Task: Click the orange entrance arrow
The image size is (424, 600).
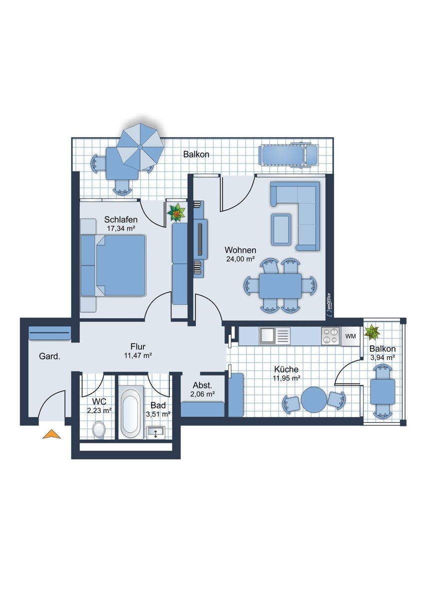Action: pos(51,434)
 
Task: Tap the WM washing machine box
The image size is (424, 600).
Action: pos(350,336)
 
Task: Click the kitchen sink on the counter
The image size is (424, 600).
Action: pos(274,336)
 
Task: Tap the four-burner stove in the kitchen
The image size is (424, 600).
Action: pos(330,336)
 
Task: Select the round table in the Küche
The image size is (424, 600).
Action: pos(314,399)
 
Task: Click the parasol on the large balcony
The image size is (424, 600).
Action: pos(140,147)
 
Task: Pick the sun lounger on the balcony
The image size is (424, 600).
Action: pos(289,156)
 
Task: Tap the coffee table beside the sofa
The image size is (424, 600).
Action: pos(281,229)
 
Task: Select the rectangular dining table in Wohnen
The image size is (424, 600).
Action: pos(280,286)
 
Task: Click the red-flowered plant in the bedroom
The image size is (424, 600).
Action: pos(176,212)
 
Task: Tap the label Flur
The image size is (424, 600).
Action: pos(138,346)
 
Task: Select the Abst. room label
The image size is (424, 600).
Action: pos(202,385)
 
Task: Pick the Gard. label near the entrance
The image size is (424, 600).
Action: pos(49,356)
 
